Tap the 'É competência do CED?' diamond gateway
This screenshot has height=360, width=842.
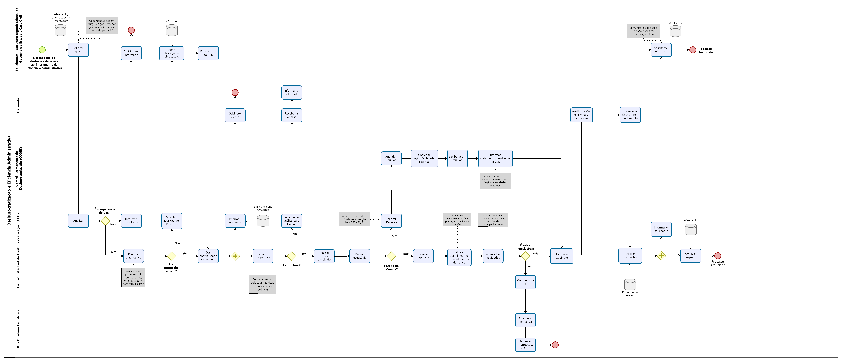click(105, 221)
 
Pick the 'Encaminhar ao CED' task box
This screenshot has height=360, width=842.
click(208, 53)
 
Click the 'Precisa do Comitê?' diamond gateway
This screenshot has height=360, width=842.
click(391, 256)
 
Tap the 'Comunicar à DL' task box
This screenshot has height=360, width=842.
click(526, 282)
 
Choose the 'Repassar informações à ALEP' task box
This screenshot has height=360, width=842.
click(526, 345)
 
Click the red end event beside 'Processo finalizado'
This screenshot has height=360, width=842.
click(693, 50)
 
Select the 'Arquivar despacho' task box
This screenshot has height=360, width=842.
click(691, 256)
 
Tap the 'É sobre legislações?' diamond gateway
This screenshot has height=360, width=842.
click(526, 256)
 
